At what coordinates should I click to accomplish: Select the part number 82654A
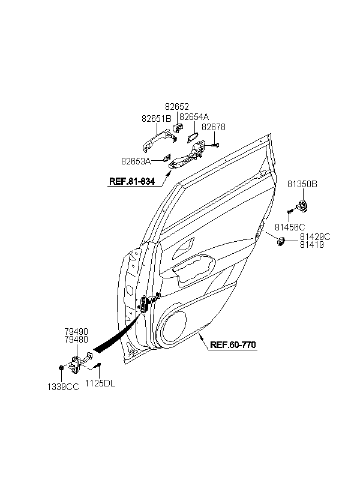point(194,117)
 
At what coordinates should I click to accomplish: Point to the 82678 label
point(213,127)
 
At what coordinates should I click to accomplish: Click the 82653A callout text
point(136,161)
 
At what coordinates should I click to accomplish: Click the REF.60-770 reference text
point(233,345)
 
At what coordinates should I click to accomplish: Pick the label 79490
point(76,330)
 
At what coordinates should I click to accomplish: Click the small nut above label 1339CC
point(62,368)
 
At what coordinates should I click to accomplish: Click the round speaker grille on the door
point(177,328)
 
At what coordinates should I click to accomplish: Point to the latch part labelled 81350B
point(304,206)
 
